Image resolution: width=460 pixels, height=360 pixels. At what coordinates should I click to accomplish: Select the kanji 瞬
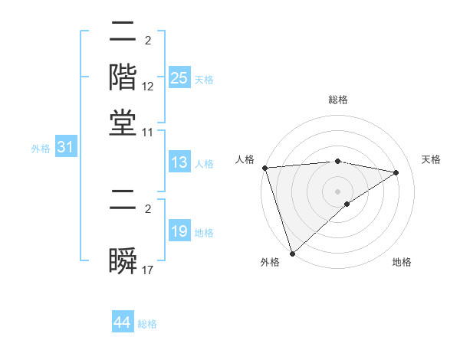[x=123, y=260]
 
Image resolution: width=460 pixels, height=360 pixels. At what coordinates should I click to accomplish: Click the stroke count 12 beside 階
[x=148, y=87]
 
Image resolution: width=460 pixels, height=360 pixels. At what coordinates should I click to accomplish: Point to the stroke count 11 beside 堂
[x=148, y=133]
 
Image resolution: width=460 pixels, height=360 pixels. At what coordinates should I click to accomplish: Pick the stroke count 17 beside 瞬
[x=148, y=270]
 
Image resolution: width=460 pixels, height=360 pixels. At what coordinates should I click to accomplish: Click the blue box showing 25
[x=179, y=77]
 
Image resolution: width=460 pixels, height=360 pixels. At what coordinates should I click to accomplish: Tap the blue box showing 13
[x=179, y=162]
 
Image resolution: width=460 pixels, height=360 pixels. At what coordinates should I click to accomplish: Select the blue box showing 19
[x=179, y=231]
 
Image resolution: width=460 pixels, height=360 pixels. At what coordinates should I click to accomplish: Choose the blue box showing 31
[x=65, y=148]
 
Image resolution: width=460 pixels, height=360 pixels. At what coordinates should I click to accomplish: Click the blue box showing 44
[x=123, y=323]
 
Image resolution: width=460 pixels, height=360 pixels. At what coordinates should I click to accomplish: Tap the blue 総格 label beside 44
[x=147, y=324]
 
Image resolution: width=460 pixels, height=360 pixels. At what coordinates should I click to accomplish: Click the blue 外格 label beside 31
[x=41, y=149]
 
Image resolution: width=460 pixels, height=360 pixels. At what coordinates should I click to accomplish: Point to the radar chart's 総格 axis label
[x=338, y=100]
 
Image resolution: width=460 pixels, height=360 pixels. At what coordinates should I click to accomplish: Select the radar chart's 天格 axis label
[x=431, y=159]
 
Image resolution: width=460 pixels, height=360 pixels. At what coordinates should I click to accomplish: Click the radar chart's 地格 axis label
[x=402, y=263]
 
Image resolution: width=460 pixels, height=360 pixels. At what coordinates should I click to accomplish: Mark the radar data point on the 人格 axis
[x=264, y=168]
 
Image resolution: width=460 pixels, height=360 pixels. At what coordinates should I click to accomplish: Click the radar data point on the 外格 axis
[x=292, y=253]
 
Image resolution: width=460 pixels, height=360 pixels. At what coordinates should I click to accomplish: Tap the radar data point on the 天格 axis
[x=396, y=172]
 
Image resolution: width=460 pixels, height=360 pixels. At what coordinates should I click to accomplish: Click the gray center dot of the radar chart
[x=338, y=191]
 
